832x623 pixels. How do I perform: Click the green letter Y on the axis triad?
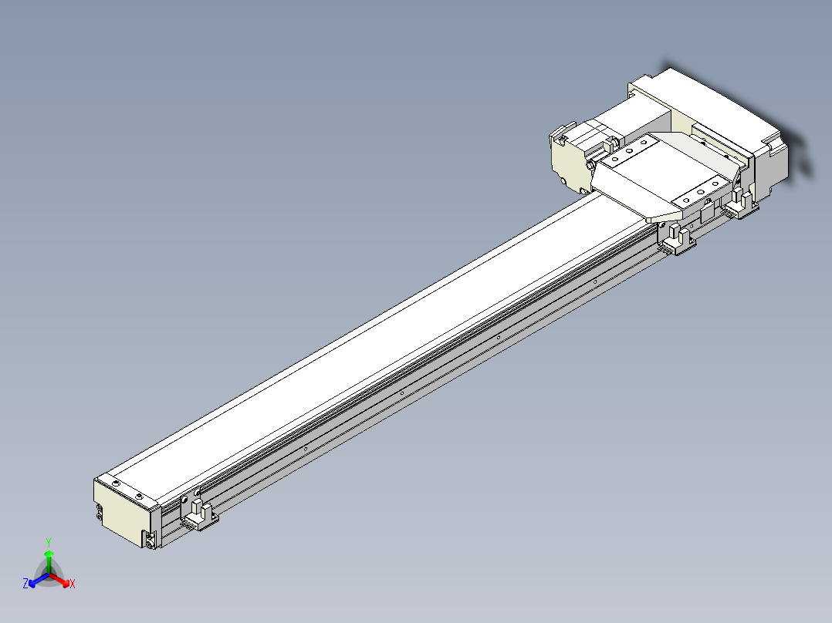(x=48, y=542)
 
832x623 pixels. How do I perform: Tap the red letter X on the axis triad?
(x=73, y=584)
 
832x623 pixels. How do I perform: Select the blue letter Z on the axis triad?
(x=25, y=584)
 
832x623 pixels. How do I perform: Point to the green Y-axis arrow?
(x=49, y=560)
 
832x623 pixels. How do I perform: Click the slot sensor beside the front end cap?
(x=200, y=515)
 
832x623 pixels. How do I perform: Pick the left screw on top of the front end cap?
(x=116, y=483)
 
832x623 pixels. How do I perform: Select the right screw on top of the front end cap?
(x=139, y=495)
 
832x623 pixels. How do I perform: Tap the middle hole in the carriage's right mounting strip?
(x=701, y=190)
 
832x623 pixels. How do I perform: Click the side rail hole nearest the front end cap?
(x=306, y=448)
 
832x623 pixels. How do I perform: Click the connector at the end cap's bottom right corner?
(x=149, y=539)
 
